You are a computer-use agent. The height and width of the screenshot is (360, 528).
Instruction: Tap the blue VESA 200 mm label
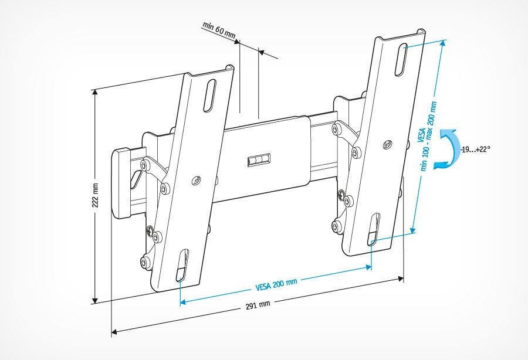click(276, 285)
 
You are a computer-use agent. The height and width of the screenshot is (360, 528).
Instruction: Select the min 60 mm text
click(219, 32)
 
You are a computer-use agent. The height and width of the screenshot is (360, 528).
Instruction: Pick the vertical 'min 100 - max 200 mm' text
click(428, 135)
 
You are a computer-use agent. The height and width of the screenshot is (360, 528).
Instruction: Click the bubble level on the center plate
click(259, 159)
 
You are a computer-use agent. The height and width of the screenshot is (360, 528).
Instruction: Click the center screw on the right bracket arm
click(387, 144)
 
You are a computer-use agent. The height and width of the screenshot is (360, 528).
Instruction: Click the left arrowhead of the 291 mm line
click(114, 332)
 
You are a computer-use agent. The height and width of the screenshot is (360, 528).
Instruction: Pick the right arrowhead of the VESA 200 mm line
click(369, 267)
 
